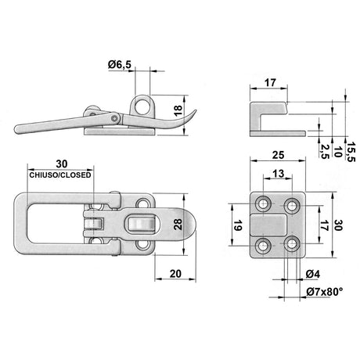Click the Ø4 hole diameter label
(x=311, y=274)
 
